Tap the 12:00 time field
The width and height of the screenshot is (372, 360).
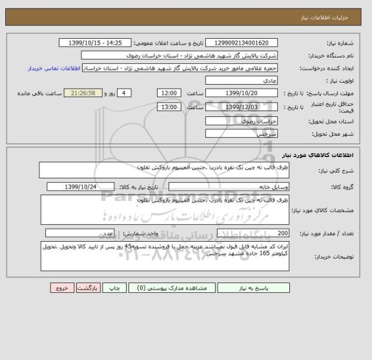169,93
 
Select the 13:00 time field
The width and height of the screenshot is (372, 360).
169,107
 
